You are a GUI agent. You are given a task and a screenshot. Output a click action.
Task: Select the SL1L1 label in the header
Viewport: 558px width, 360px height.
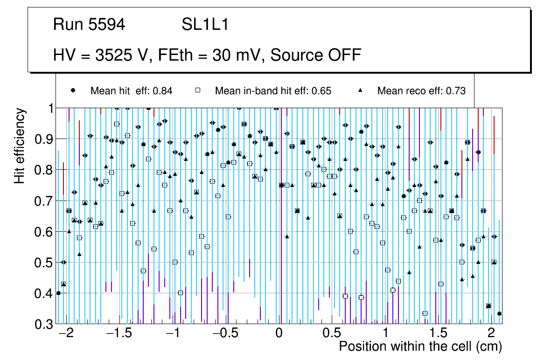(205, 25)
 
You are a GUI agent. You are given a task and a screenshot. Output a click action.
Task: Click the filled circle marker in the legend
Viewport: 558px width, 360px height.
(73, 90)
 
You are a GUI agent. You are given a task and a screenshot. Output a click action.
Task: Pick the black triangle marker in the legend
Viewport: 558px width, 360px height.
(360, 90)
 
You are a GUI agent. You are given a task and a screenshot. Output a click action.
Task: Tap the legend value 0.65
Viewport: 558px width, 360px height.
(322, 91)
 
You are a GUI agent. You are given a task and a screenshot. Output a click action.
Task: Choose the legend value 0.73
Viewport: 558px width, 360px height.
(456, 91)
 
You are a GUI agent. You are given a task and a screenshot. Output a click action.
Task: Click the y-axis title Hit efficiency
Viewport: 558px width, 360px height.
(20, 145)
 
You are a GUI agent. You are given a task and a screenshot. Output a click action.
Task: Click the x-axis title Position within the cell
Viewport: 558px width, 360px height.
(420, 347)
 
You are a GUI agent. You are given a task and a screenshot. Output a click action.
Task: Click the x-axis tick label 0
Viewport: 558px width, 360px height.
(279, 333)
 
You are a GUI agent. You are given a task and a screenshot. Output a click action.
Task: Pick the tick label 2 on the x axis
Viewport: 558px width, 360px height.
(491, 333)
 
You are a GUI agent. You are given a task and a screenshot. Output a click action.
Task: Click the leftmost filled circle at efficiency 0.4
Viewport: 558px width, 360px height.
(58, 293)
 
